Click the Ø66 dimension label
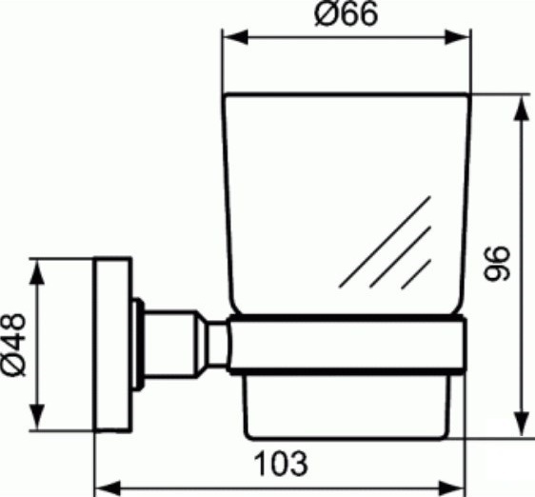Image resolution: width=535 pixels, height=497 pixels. [347, 13]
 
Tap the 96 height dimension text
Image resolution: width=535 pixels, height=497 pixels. [498, 263]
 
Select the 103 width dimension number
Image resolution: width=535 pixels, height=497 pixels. [281, 464]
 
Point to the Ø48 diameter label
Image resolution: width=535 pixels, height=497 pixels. [13, 345]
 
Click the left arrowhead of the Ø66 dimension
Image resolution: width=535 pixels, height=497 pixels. [235, 37]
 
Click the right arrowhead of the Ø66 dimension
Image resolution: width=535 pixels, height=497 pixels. [458, 37]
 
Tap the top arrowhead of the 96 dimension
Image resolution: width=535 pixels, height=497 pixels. [521, 108]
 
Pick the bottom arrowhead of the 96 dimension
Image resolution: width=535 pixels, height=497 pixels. [521, 424]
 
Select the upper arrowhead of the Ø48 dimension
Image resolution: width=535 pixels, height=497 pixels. [37, 271]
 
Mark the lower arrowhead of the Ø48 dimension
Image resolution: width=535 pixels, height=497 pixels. [37, 416]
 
